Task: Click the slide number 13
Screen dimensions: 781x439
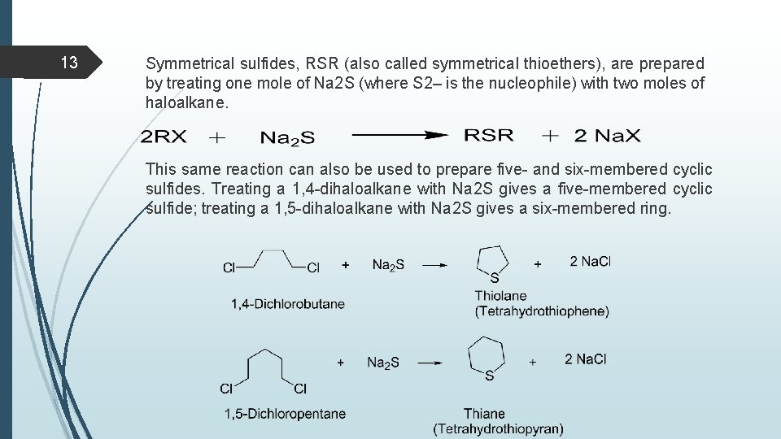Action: (x=69, y=63)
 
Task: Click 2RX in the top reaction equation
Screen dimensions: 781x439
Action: (x=164, y=137)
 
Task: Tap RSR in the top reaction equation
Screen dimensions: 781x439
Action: (x=488, y=135)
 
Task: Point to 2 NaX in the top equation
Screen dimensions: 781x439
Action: (x=607, y=136)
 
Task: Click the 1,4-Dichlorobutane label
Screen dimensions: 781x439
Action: (x=288, y=304)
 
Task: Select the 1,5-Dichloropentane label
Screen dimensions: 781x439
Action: (x=286, y=414)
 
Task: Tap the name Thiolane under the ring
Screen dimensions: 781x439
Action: (x=501, y=296)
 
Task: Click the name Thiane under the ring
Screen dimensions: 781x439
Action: (x=485, y=414)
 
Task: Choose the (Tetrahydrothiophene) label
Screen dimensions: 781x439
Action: (x=542, y=311)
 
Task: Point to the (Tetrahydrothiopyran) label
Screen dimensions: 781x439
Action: (x=498, y=428)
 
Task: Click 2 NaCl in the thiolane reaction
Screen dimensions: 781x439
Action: (x=590, y=261)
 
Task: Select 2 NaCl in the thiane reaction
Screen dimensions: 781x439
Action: (x=586, y=359)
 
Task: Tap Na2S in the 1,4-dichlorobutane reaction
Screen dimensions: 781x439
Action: (x=389, y=264)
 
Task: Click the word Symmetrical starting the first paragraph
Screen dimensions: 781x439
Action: (x=188, y=63)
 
